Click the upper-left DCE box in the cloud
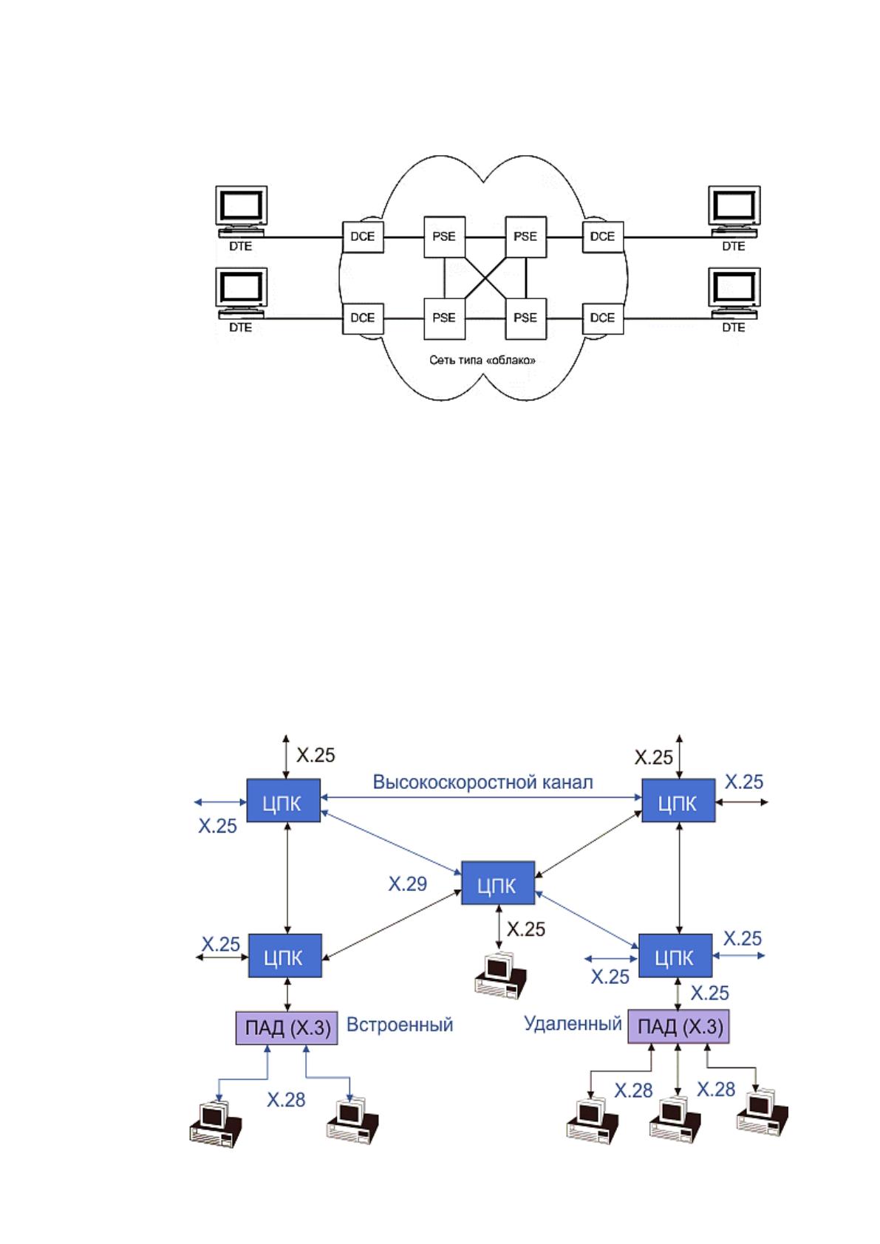tap(363, 237)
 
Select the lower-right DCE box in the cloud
tap(603, 319)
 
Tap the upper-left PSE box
tap(445, 237)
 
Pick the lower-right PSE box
tap(525, 319)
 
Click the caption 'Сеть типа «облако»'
tap(482, 360)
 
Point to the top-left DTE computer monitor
tap(241, 208)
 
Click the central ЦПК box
tap(498, 883)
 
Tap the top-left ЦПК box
tap(283, 800)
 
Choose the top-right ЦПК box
tap(678, 800)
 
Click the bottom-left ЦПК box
tap(284, 955)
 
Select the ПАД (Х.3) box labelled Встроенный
tap(287, 1028)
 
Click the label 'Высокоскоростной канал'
tap(482, 782)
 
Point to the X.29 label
tap(408, 884)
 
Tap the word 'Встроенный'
tap(400, 1025)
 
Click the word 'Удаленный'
tap(573, 1024)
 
